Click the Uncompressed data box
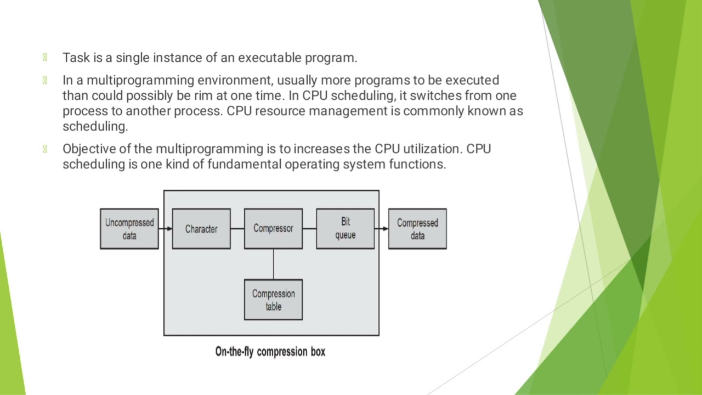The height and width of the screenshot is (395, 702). (x=129, y=229)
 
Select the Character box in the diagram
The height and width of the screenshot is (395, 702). (x=201, y=229)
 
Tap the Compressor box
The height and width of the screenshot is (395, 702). (x=273, y=228)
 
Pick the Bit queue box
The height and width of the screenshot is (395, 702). (x=346, y=228)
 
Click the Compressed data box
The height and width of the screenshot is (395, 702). (x=417, y=229)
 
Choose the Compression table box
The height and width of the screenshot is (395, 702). (x=273, y=300)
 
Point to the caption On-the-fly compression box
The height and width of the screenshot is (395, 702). (x=270, y=352)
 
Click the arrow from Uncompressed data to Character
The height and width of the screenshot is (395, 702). (x=165, y=229)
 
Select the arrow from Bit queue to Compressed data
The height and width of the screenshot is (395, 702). (x=381, y=229)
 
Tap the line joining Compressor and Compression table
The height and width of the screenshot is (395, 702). (x=273, y=264)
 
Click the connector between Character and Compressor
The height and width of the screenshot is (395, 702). (x=237, y=229)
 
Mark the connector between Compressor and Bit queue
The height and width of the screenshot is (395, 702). (x=309, y=229)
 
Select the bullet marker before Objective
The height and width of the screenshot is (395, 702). (x=44, y=149)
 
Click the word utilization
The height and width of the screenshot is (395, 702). (x=433, y=149)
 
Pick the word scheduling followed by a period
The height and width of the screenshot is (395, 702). (x=95, y=127)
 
